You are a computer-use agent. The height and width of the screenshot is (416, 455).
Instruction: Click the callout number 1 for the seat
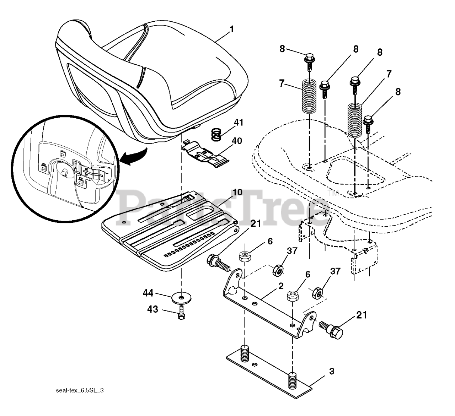231,29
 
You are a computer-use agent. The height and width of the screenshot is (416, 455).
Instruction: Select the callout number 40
237,141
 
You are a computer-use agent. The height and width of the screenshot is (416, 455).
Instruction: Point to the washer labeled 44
182,296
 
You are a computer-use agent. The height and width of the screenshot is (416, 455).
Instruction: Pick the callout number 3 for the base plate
331,372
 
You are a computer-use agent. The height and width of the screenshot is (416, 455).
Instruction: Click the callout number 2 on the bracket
280,286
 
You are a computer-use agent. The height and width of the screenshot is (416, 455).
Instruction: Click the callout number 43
153,309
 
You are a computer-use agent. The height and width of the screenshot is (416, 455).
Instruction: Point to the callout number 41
239,123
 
